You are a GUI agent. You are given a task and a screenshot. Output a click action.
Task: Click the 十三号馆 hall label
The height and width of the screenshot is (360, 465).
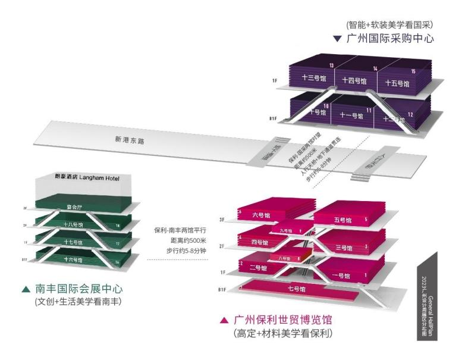click(314, 79)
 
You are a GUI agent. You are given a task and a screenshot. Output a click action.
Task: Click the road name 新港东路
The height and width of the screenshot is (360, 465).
click(130, 140)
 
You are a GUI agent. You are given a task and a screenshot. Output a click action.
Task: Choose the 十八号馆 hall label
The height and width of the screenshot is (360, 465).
click(73, 225)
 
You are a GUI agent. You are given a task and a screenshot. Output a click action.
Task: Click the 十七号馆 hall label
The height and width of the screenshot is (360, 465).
click(73, 243)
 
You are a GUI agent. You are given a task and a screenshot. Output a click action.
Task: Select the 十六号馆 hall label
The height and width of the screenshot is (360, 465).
click(73, 260)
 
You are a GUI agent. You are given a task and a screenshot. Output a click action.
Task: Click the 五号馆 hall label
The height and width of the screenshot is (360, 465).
click(343, 221)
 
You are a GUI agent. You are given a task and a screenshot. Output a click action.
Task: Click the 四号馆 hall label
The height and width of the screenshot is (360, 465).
click(260, 243)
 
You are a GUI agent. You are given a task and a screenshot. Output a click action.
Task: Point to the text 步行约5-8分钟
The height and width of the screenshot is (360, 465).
click(186, 251)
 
